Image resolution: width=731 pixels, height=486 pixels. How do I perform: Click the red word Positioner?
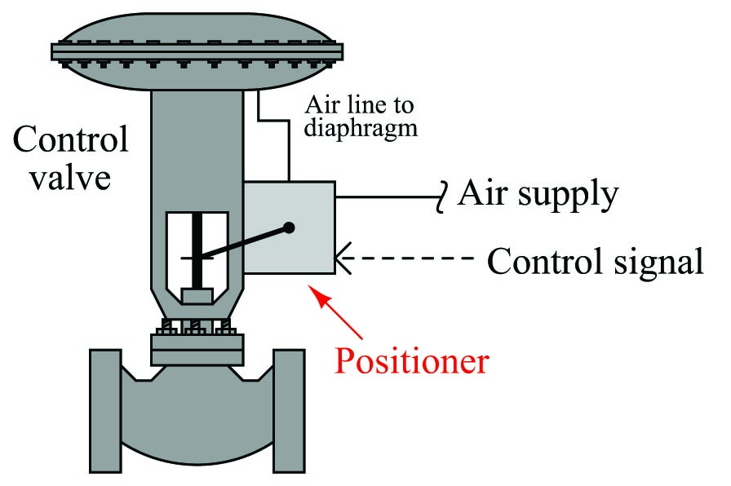tap(412, 361)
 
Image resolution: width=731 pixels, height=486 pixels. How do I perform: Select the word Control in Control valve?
tap(70, 139)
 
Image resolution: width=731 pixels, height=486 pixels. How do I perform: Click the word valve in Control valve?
tap(70, 178)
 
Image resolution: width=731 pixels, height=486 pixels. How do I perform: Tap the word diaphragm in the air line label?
tap(361, 127)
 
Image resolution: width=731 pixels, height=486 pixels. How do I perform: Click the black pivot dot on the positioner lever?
tap(289, 228)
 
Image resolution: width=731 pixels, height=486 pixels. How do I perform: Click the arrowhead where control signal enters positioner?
tap(342, 258)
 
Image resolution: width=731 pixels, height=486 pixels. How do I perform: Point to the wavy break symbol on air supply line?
tap(441, 197)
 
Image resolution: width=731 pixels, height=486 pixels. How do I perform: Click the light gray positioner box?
tap(289, 227)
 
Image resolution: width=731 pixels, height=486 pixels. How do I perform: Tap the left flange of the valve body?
tap(106, 411)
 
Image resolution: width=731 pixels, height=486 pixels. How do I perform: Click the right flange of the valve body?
tap(289, 411)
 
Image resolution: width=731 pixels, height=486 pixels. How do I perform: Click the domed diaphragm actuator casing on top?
tap(197, 51)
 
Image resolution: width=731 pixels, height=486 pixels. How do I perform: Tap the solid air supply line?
tap(386, 197)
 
